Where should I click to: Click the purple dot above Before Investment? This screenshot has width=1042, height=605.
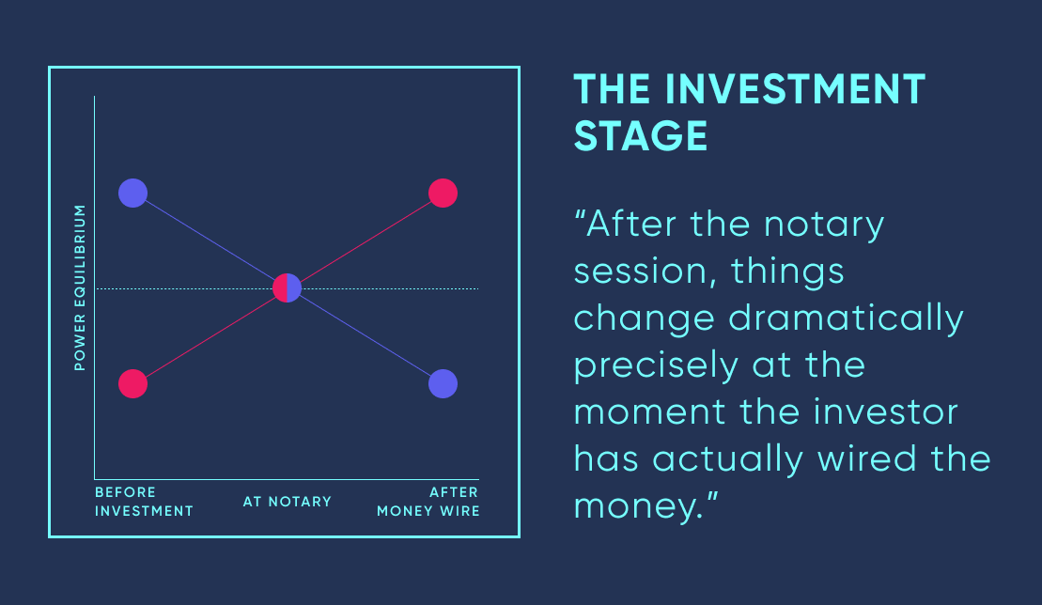coord(132,194)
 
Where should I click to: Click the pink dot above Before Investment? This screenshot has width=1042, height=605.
coord(132,384)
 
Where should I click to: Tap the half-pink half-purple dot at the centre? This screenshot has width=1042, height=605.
coord(288,288)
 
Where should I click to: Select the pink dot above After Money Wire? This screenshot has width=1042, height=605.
coord(443,194)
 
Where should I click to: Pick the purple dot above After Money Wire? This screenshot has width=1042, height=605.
coord(443,384)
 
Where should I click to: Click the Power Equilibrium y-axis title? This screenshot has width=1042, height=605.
coord(80,287)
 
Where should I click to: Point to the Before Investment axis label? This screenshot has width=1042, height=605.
coord(144,502)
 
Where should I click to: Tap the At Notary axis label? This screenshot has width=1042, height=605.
coord(288,502)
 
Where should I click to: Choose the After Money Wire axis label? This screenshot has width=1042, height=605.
coord(428,502)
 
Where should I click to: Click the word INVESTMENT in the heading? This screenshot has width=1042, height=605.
coord(795,89)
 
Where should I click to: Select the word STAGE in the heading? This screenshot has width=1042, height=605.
coord(641,136)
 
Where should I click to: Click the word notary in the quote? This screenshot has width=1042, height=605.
coord(824,225)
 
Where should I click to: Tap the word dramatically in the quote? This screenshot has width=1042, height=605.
coord(846,319)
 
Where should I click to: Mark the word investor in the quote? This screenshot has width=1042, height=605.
coord(886,411)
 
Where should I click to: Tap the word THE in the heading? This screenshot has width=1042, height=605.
coord(612,89)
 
